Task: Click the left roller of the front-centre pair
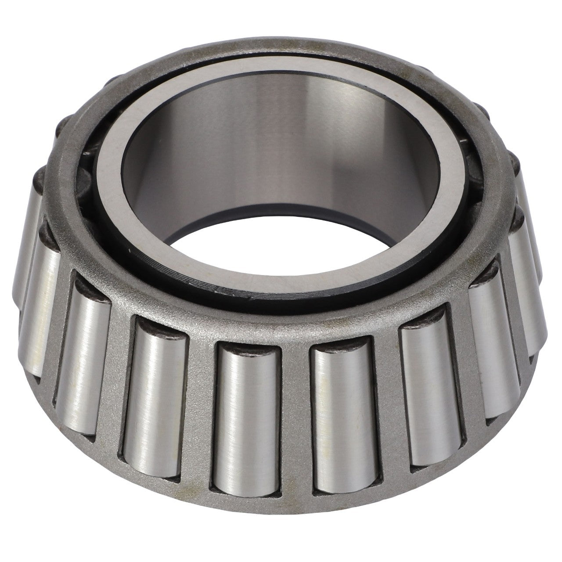point(245,413)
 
